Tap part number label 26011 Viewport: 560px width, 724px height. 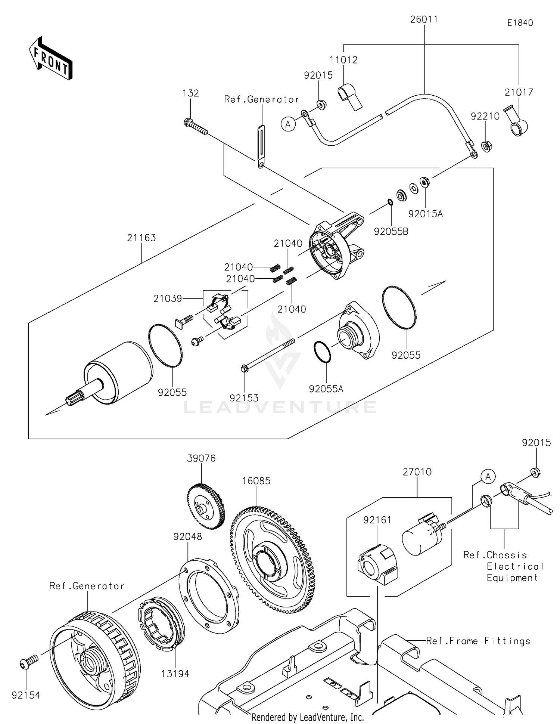click(424, 19)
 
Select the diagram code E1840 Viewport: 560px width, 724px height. click(520, 23)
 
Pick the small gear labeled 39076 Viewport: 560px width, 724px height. click(205, 507)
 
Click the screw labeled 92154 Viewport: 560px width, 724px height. click(28, 662)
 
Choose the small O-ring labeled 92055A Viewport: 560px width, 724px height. click(322, 352)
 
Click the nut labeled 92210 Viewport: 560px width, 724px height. click(486, 146)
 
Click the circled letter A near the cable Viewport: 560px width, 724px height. click(288, 124)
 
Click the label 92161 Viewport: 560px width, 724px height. click(377, 520)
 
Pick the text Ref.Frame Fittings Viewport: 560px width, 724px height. click(478, 641)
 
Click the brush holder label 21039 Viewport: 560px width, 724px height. click(167, 298)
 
